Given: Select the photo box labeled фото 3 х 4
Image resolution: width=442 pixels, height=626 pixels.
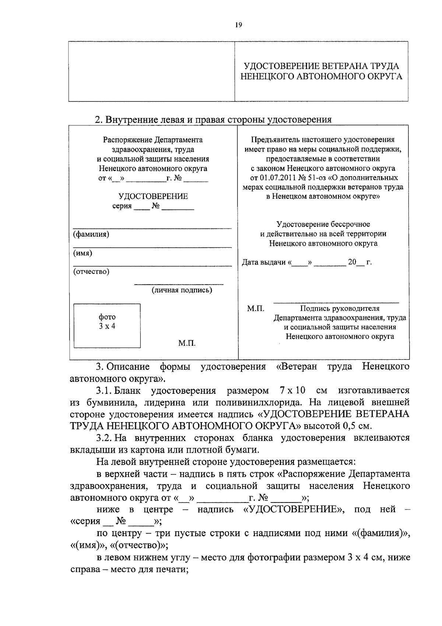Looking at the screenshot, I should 107,326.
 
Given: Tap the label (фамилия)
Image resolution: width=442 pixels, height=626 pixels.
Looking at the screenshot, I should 91,234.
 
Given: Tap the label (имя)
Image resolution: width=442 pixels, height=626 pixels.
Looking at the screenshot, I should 83,253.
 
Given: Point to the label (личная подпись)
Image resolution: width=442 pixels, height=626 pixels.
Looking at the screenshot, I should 182,290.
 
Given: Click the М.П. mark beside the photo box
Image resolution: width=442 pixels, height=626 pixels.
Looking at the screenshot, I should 187,343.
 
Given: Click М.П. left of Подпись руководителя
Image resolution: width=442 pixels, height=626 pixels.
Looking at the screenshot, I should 256,309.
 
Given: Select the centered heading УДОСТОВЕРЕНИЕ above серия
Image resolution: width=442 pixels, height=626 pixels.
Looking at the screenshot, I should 153,196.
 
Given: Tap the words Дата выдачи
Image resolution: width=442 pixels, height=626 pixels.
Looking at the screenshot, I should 264,262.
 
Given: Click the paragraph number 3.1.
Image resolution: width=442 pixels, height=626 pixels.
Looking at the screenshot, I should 104,390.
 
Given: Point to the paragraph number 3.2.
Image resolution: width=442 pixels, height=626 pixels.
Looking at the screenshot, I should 104,438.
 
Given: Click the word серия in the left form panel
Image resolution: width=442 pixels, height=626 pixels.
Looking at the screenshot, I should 122,206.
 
